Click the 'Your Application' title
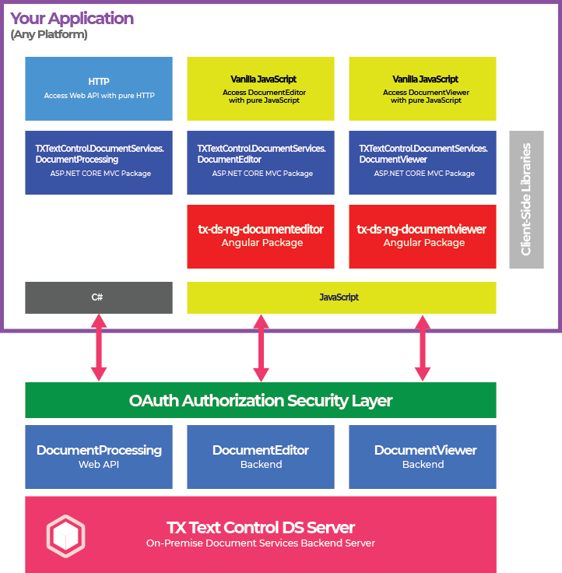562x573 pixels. tap(72, 19)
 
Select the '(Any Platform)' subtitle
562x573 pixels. tap(48, 35)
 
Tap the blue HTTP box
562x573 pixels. tap(99, 88)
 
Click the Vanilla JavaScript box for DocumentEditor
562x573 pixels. tap(261, 88)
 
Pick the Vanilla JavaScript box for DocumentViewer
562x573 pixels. tap(423, 88)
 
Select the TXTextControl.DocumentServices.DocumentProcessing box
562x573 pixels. tap(99, 162)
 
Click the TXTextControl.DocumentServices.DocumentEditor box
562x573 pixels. tap(261, 162)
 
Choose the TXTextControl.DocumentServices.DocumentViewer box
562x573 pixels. tap(423, 162)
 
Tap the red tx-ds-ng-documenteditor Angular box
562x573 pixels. tap(261, 236)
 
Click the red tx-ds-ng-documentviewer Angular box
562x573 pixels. tap(423, 236)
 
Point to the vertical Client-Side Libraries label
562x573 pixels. tap(526, 199)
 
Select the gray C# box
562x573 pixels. tap(99, 297)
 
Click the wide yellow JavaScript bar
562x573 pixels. tap(341, 297)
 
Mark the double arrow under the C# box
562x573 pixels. tap(99, 347)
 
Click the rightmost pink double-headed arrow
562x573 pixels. tap(423, 347)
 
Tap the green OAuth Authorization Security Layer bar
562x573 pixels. tap(261, 400)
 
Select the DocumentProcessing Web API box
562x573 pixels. tap(99, 456)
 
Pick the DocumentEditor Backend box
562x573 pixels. tap(261, 456)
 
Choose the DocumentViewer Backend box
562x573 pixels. tap(423, 456)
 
